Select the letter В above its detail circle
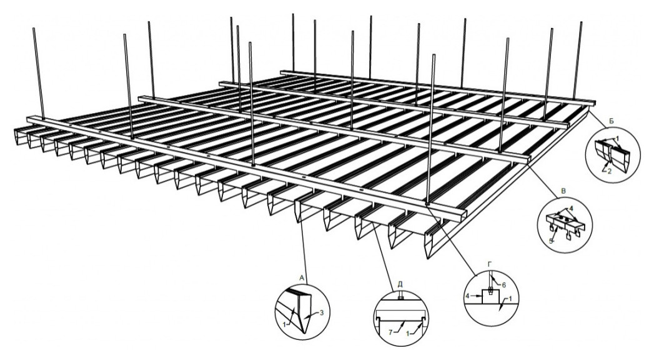(564, 191)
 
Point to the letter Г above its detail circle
(490, 264)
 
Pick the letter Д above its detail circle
(400, 284)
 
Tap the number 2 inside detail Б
(610, 171)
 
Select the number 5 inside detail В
(550, 241)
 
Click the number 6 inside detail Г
(503, 285)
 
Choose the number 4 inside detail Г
(468, 296)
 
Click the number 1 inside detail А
(284, 324)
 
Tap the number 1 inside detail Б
(618, 137)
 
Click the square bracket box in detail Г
(490, 296)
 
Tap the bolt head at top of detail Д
(400, 297)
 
